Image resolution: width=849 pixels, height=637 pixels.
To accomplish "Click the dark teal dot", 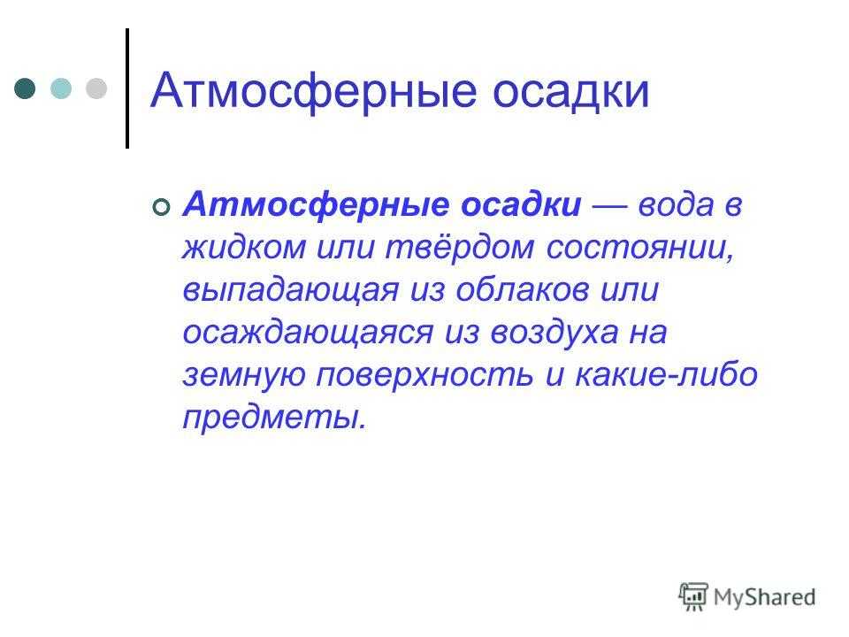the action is click(x=25, y=88).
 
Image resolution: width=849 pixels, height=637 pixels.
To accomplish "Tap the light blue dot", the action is click(x=61, y=88).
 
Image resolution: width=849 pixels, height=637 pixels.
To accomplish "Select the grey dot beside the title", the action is click(x=96, y=88).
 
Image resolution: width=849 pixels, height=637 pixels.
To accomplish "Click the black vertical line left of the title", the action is click(x=127, y=88).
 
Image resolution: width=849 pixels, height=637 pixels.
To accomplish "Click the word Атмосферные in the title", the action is click(x=313, y=91).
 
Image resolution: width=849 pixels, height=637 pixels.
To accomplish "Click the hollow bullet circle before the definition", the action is click(x=161, y=207).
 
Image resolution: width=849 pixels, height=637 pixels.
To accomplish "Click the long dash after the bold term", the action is click(x=609, y=206).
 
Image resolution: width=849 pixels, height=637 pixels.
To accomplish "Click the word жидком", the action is click(x=244, y=247).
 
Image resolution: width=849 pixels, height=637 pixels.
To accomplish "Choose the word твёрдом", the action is click(x=460, y=248).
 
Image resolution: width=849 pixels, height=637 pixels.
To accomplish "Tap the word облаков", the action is click(x=523, y=290).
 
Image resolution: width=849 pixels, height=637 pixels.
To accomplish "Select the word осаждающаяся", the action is click(x=308, y=333).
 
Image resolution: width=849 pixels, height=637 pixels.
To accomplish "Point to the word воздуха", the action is click(x=555, y=332).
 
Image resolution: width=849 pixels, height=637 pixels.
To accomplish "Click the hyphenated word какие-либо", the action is click(x=666, y=374).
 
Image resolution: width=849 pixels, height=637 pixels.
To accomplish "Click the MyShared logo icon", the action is click(x=693, y=597).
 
